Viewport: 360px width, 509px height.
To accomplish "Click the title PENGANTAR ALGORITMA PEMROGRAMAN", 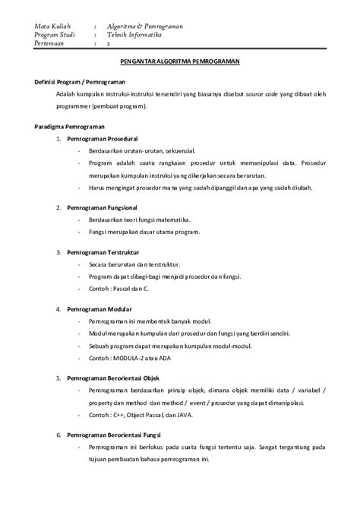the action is [180, 63].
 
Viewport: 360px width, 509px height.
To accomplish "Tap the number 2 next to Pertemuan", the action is [109, 45].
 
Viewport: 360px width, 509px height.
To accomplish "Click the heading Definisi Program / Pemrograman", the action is [80, 81].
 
